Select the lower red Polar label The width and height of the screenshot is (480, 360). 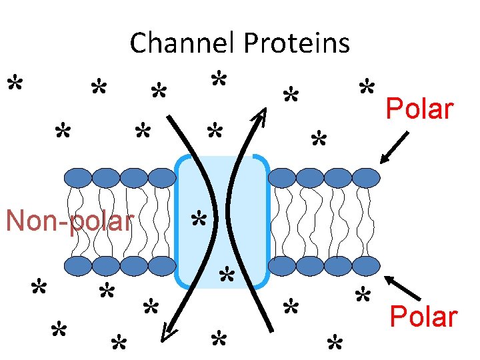click(423, 317)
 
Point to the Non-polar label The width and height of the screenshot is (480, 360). click(69, 221)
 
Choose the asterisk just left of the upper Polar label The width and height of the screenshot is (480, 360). click(366, 87)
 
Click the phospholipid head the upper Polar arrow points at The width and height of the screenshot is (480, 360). click(365, 177)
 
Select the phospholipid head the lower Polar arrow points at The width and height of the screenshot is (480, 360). click(365, 266)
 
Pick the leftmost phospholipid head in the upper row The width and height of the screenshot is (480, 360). click(79, 177)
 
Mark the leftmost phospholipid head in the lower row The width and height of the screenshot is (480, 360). click(79, 266)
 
